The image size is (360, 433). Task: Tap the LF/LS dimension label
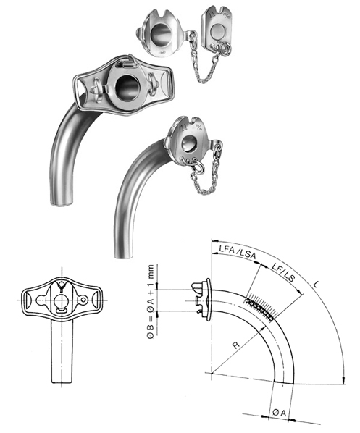pos(283,272)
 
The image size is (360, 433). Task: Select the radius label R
pos(235,345)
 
